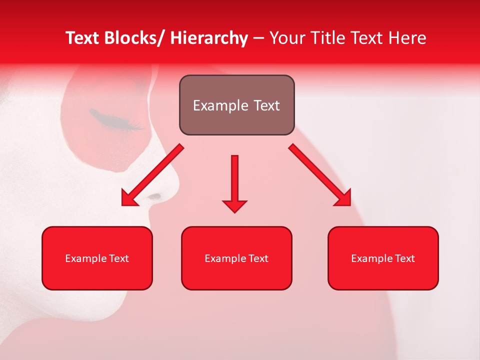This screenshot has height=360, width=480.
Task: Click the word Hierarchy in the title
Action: point(209,38)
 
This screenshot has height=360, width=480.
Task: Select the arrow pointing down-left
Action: point(152,175)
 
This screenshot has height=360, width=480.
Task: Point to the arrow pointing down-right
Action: point(320,175)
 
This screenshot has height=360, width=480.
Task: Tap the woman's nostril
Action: point(155,196)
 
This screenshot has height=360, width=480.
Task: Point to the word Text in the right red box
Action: point(405,258)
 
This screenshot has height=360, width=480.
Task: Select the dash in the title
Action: point(258,39)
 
